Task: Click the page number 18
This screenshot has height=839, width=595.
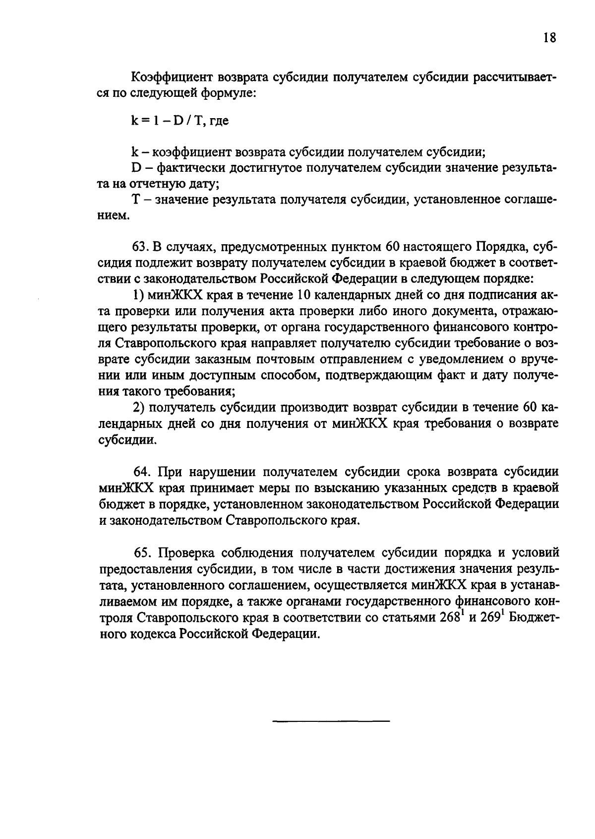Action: (549, 38)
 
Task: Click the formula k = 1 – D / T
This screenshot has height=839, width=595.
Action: (169, 121)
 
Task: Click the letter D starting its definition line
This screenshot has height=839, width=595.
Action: (136, 168)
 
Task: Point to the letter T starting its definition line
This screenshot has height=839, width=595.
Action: (136, 201)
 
